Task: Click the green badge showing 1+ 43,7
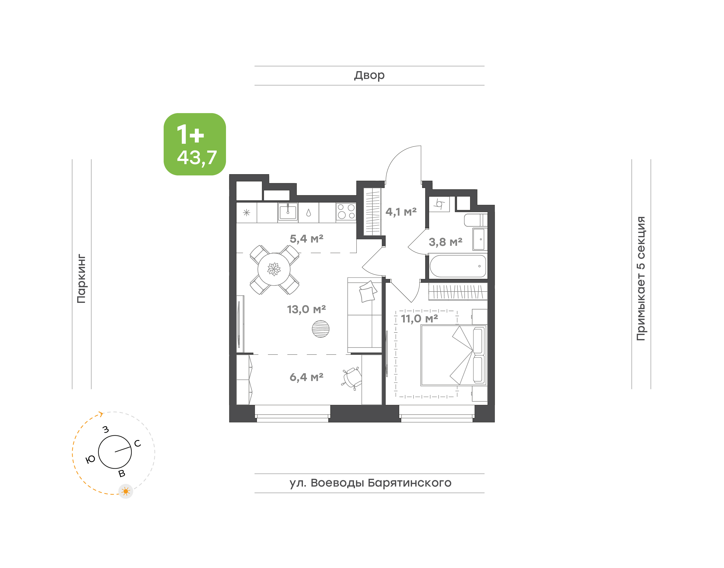(195, 144)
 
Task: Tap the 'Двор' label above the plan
(369, 75)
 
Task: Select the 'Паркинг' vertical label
(81, 279)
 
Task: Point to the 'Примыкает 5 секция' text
(641, 278)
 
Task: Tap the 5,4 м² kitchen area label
(306, 239)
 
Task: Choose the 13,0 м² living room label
(306, 309)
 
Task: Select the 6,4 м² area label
(306, 377)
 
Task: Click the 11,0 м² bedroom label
(419, 319)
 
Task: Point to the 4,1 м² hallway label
(401, 212)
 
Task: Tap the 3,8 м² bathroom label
(445, 242)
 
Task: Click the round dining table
(274, 269)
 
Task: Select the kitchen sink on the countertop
(288, 212)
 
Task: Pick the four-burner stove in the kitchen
(346, 212)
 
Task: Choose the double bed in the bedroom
(454, 355)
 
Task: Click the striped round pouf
(321, 329)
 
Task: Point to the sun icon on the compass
(126, 491)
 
